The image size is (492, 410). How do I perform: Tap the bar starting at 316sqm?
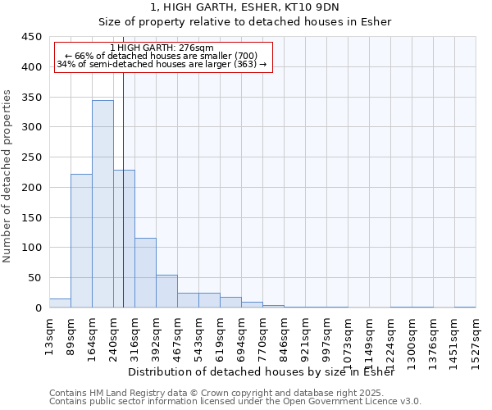(x=145, y=272)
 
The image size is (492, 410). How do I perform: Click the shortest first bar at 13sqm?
(x=60, y=303)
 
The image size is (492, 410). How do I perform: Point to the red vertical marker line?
(x=123, y=205)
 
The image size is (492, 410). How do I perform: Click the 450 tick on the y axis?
(x=32, y=37)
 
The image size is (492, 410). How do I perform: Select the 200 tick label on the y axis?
(x=32, y=188)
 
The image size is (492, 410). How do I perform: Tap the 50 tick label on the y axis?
(x=34, y=278)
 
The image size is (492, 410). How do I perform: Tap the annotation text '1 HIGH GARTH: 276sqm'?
(x=162, y=48)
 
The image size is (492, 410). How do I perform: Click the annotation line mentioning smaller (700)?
(x=162, y=56)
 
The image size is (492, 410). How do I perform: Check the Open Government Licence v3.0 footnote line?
(x=235, y=401)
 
